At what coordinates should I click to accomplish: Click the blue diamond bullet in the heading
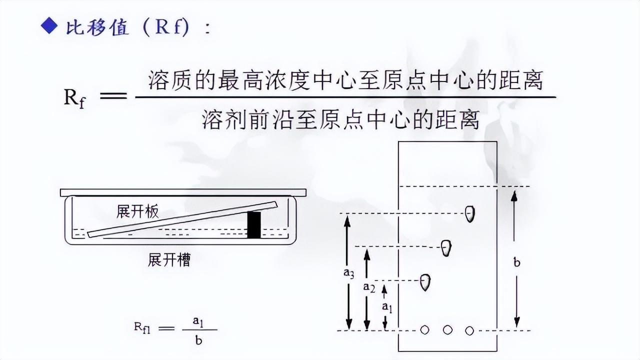50,27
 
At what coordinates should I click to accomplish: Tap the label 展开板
137,211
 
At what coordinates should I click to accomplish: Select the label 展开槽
169,260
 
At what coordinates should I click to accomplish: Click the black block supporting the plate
254,224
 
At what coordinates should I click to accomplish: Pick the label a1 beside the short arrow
386,306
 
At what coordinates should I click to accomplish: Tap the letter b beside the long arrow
517,262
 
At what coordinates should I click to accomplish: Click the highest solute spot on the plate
469,213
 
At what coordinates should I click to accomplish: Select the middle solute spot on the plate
446,247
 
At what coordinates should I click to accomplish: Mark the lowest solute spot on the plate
425,281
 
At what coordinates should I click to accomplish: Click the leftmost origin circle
425,330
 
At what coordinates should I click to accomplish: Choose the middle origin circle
448,330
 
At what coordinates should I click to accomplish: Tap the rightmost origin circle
469,330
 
